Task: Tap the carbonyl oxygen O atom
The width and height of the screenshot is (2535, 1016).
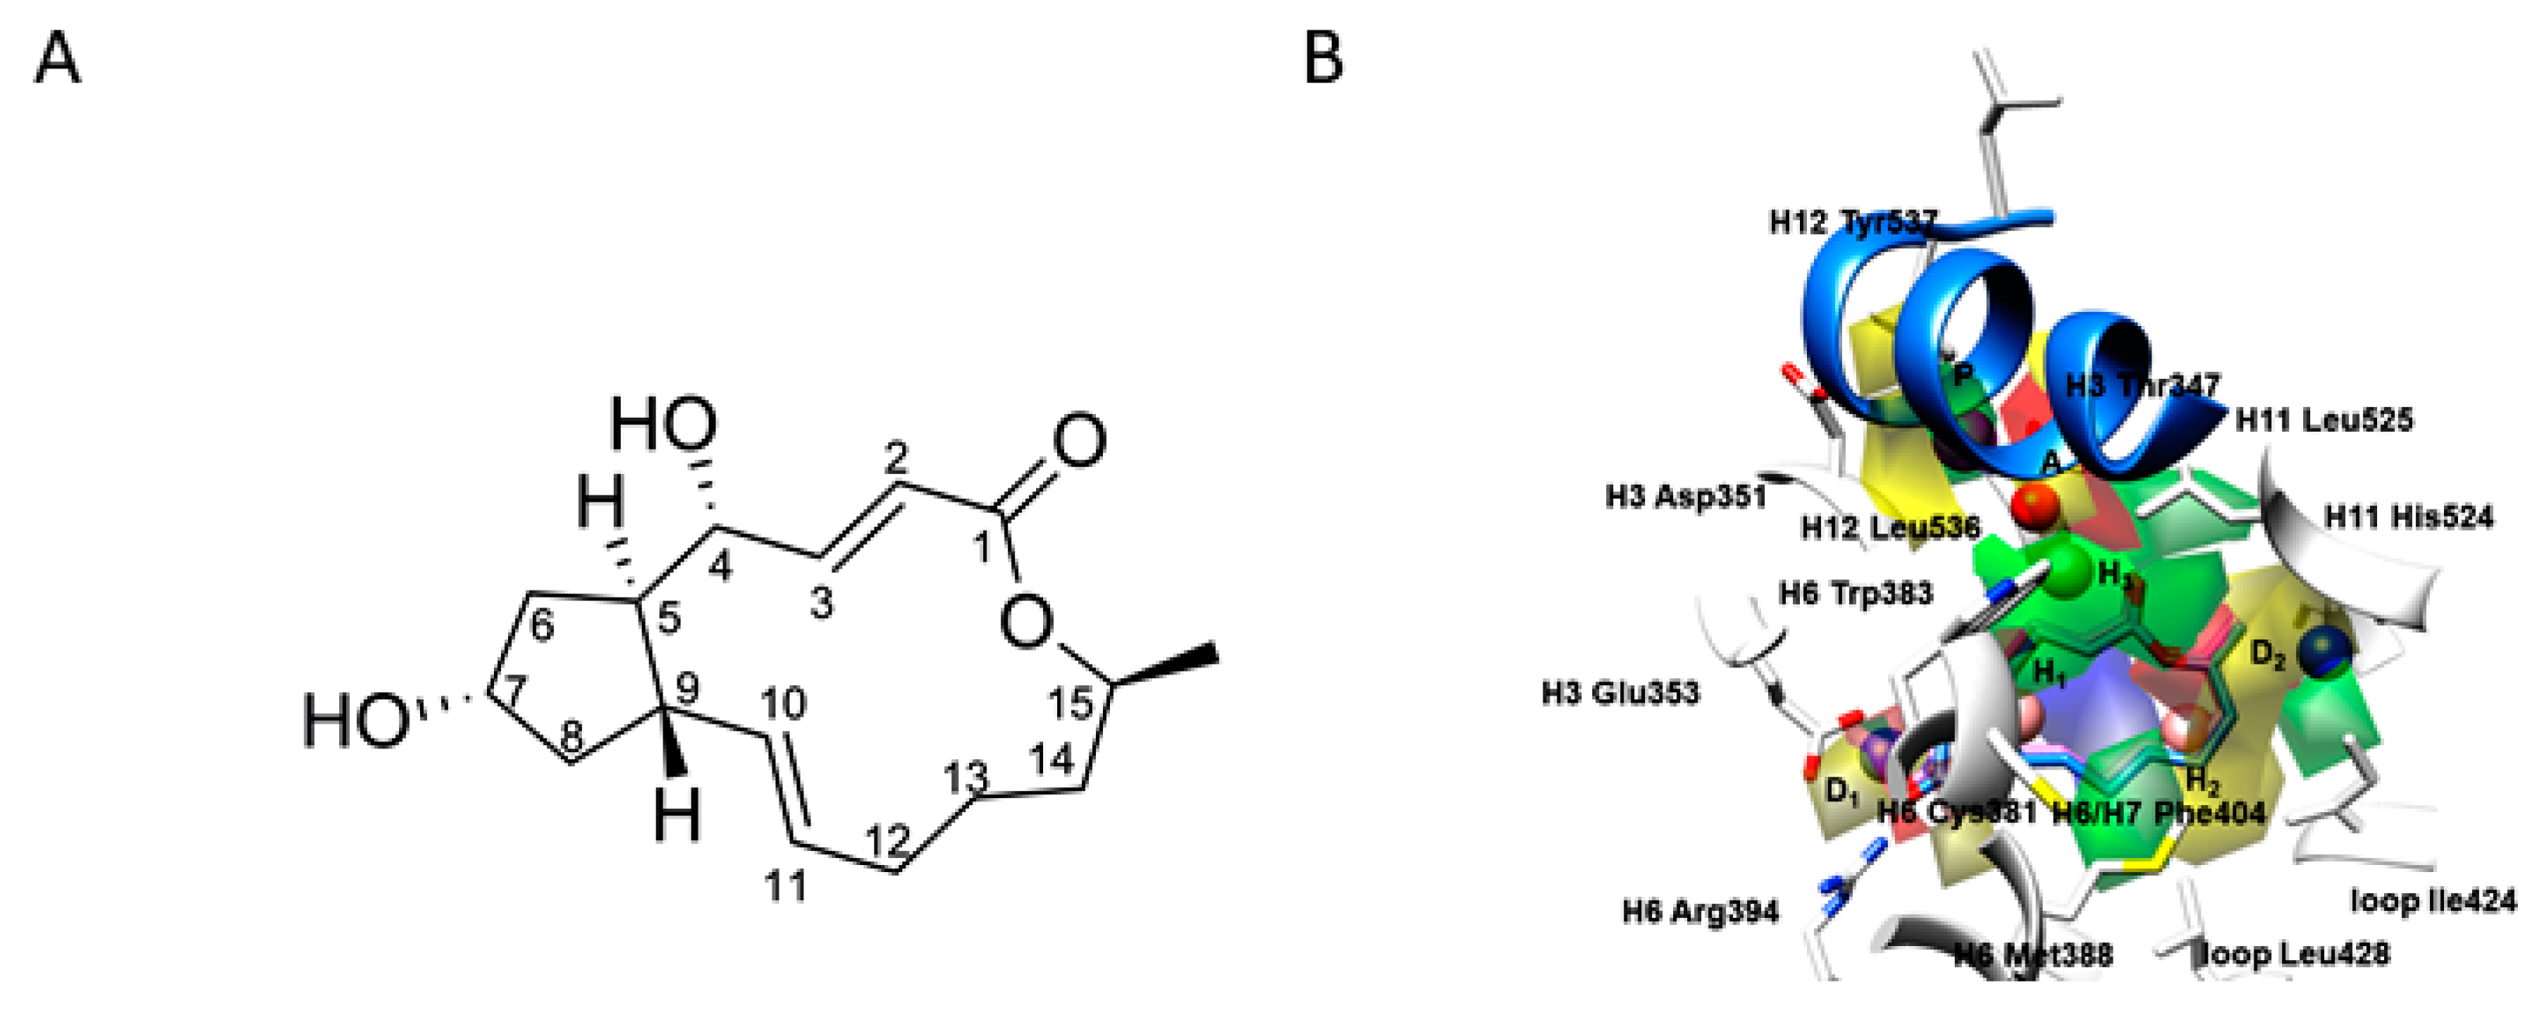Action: (x=1079, y=442)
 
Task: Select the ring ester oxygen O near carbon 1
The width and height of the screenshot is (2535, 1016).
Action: (x=1027, y=622)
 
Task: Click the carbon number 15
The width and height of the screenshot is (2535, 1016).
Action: (x=1070, y=703)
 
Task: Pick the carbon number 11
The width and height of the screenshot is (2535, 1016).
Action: (x=786, y=887)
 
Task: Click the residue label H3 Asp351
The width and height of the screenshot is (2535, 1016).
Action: (x=1686, y=497)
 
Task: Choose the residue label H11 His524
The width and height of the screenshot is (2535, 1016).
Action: (x=2408, y=517)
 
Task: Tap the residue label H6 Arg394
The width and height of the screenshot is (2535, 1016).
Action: (x=1700, y=913)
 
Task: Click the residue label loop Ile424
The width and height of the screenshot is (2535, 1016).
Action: (x=2432, y=900)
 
